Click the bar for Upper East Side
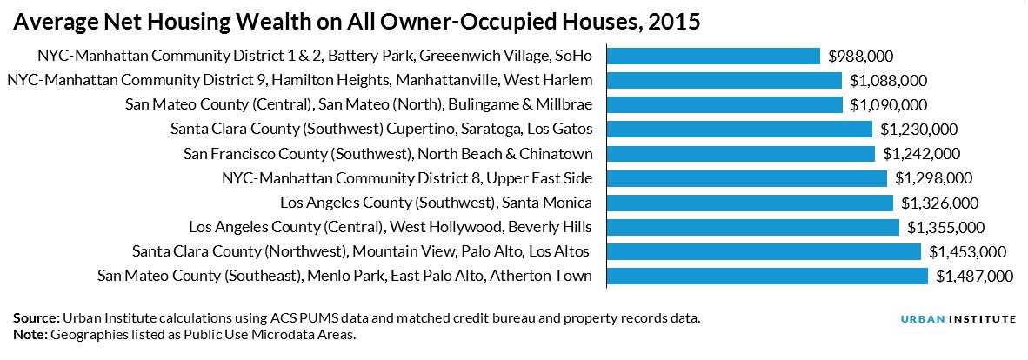(x=746, y=178)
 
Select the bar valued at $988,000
(x=713, y=56)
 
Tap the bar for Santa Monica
(x=750, y=203)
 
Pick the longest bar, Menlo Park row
(x=767, y=277)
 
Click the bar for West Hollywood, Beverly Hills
(x=752, y=227)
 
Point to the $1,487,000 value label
(x=975, y=277)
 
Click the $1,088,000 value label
(x=888, y=81)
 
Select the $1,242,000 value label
(x=921, y=154)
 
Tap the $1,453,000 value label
(x=967, y=252)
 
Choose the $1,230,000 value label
(x=918, y=130)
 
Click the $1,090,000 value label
(x=889, y=105)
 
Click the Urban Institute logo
(x=958, y=319)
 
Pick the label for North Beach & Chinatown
(x=388, y=154)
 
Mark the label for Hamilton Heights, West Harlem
(x=299, y=81)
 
